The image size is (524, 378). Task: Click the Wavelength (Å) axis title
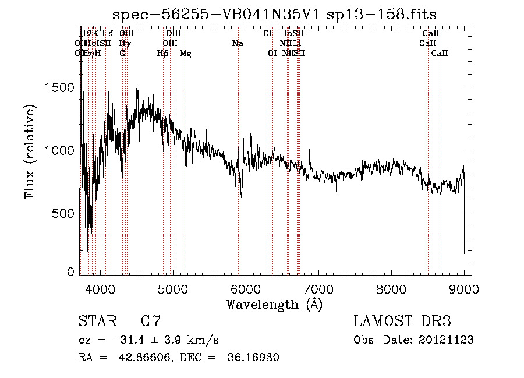[x=274, y=304]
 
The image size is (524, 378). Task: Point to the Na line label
[x=238, y=44]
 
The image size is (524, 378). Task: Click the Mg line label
[x=185, y=54]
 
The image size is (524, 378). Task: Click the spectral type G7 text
[x=151, y=321]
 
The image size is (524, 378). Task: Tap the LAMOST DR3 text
[x=402, y=321]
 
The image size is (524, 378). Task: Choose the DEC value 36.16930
[x=253, y=357]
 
